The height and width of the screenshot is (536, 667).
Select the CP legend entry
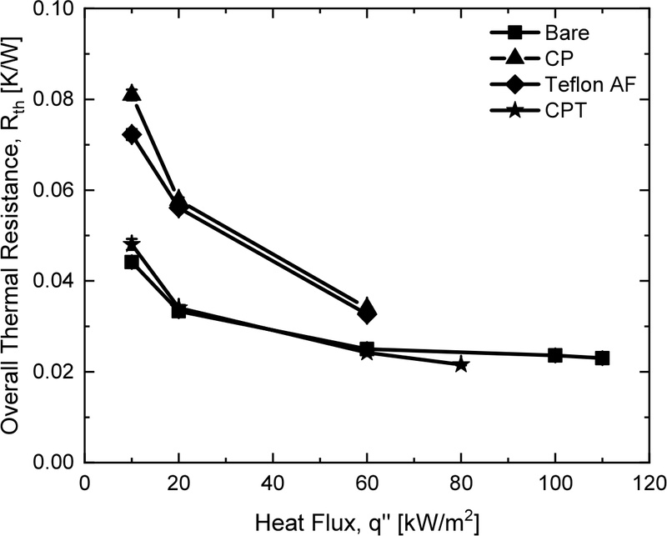[540, 59]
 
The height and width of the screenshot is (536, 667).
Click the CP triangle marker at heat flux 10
[132, 93]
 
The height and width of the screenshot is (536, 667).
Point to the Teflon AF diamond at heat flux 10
[132, 134]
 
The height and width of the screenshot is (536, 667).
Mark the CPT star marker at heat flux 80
[461, 364]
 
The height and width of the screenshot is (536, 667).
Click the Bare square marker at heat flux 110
[602, 358]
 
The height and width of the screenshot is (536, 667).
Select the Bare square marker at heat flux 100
[555, 355]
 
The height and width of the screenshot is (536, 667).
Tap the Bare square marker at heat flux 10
[132, 262]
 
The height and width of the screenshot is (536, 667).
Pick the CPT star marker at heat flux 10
[132, 243]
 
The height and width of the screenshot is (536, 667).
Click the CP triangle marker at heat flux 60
[367, 306]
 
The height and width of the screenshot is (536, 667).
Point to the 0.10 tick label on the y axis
[54, 10]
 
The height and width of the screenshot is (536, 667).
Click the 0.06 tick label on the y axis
[54, 191]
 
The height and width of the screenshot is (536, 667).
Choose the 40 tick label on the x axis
[273, 483]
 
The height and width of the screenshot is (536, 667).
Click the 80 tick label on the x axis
[461, 483]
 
